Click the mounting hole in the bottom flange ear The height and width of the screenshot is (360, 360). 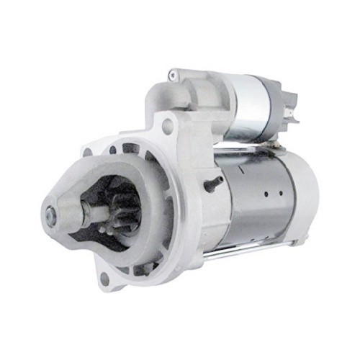(104, 277)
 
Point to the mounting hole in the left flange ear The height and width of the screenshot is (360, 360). (87, 153)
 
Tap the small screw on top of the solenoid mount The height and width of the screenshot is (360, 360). (172, 73)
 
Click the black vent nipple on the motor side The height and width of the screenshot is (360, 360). (211, 184)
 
